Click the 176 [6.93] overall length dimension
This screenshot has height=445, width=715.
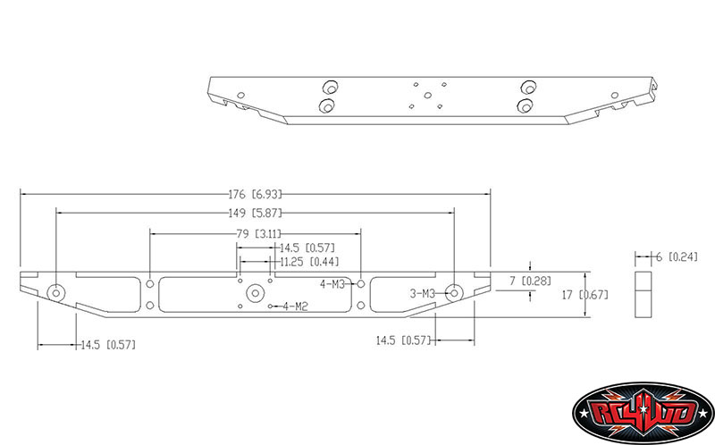click(x=256, y=194)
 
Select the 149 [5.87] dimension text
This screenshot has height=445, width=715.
click(x=256, y=213)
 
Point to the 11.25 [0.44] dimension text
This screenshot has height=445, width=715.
click(x=309, y=262)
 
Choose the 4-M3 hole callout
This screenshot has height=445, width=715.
click(x=332, y=284)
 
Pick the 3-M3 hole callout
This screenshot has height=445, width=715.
click(x=422, y=294)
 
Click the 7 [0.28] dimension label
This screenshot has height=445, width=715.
click(x=530, y=281)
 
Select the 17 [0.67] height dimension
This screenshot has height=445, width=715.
click(x=585, y=295)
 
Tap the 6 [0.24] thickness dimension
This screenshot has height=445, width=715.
click(x=677, y=256)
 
